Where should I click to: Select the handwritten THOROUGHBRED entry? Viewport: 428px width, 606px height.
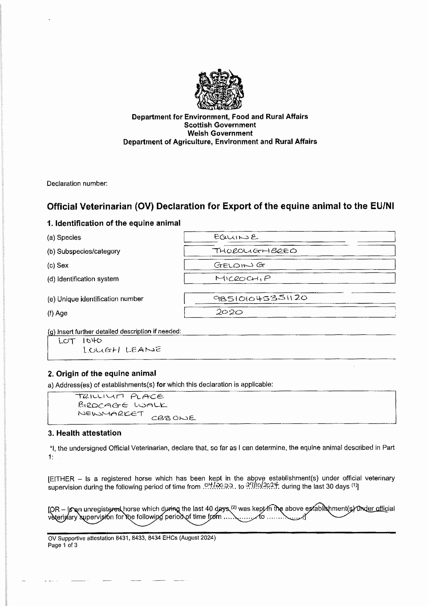(254, 251)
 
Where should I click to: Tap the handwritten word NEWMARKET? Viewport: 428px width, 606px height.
(111, 413)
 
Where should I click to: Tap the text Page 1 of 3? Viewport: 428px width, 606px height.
(62, 545)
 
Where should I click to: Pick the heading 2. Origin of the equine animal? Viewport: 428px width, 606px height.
(102, 373)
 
